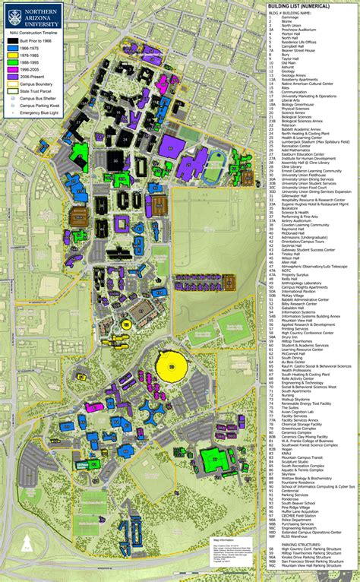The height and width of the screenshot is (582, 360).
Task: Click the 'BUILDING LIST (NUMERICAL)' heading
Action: [x=298, y=5]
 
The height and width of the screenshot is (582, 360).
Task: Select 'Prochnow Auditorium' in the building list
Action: [x=299, y=30]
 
